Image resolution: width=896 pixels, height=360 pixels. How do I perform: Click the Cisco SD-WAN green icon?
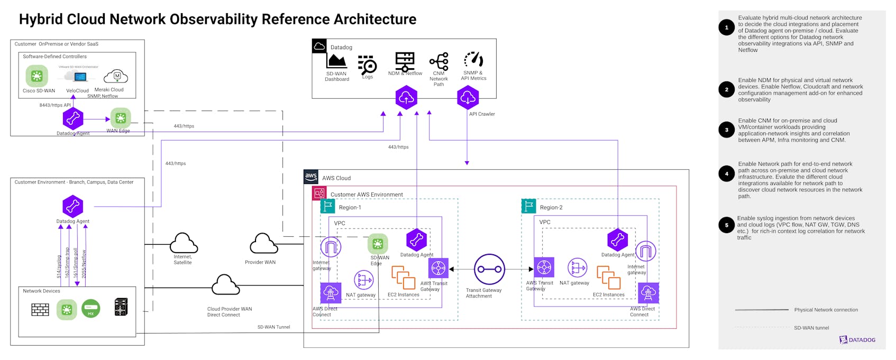pyautogui.click(x=36, y=76)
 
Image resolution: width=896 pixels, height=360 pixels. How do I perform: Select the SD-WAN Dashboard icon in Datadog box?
pyautogui.click(x=336, y=61)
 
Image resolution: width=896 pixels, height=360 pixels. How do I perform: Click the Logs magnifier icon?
pyautogui.click(x=367, y=64)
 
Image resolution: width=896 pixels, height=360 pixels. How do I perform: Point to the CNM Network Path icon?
pyautogui.click(x=439, y=61)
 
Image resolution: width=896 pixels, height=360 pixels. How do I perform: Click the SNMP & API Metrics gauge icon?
pyautogui.click(x=473, y=60)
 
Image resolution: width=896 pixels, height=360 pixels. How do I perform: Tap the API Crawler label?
pyautogui.click(x=482, y=114)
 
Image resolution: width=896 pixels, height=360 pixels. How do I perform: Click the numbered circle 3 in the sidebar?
pyautogui.click(x=726, y=130)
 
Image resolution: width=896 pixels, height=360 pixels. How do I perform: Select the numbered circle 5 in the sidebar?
pyautogui.click(x=726, y=225)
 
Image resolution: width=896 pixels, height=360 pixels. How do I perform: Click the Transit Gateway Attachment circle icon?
pyautogui.click(x=489, y=269)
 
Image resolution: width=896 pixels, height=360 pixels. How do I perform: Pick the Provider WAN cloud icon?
pyautogui.click(x=263, y=244)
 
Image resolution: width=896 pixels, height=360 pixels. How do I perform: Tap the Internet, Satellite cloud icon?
pyautogui.click(x=184, y=243)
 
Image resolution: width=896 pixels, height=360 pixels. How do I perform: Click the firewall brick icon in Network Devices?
pyautogui.click(x=40, y=309)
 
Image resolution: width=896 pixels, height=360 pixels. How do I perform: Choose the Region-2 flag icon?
pyautogui.click(x=528, y=206)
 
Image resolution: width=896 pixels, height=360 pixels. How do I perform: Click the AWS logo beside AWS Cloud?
pyautogui.click(x=311, y=177)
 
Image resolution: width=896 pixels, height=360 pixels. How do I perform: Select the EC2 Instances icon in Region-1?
pyautogui.click(x=403, y=278)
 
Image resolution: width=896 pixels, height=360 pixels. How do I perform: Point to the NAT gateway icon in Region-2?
pyautogui.click(x=577, y=268)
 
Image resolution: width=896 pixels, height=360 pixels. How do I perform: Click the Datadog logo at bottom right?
pyautogui.click(x=857, y=340)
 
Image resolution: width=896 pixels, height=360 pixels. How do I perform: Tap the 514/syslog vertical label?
pyautogui.click(x=59, y=266)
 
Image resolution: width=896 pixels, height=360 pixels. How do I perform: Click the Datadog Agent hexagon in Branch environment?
pyautogui.click(x=73, y=206)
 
